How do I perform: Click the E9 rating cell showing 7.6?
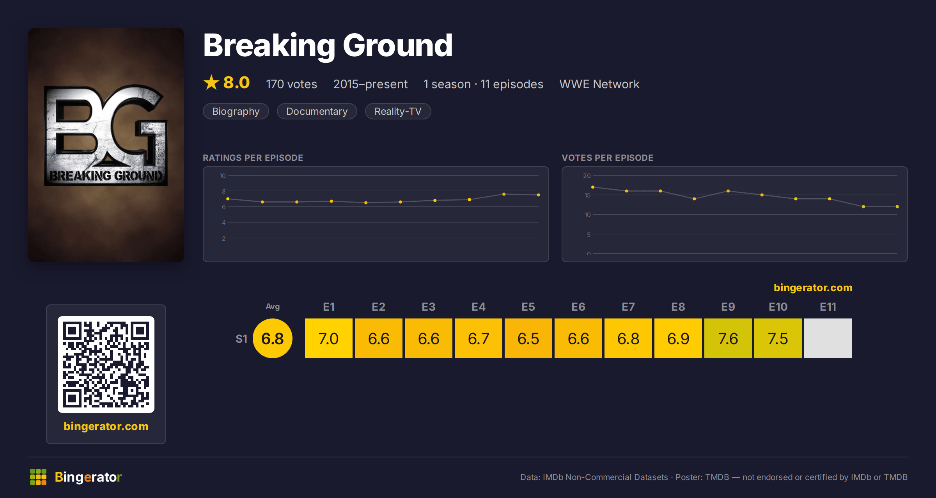click(x=728, y=338)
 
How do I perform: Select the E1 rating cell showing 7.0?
click(x=329, y=338)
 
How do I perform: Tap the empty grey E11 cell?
click(x=828, y=338)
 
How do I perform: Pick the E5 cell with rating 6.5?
click(x=528, y=338)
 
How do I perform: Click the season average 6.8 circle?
click(x=273, y=338)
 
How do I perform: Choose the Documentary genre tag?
click(x=317, y=111)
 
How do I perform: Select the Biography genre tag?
click(x=236, y=111)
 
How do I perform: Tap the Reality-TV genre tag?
click(x=398, y=111)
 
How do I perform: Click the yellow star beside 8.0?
click(x=211, y=82)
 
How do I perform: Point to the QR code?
click(x=106, y=365)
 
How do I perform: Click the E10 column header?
click(x=778, y=307)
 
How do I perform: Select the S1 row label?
click(x=241, y=339)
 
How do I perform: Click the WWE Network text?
click(x=599, y=84)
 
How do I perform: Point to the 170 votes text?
click(x=292, y=84)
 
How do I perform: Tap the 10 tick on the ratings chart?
click(x=223, y=176)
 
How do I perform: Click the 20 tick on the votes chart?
click(x=587, y=176)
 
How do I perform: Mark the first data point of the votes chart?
click(x=593, y=187)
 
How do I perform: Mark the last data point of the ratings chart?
click(x=539, y=195)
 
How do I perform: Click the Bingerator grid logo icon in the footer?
click(x=38, y=477)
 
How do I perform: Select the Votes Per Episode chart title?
click(x=608, y=158)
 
